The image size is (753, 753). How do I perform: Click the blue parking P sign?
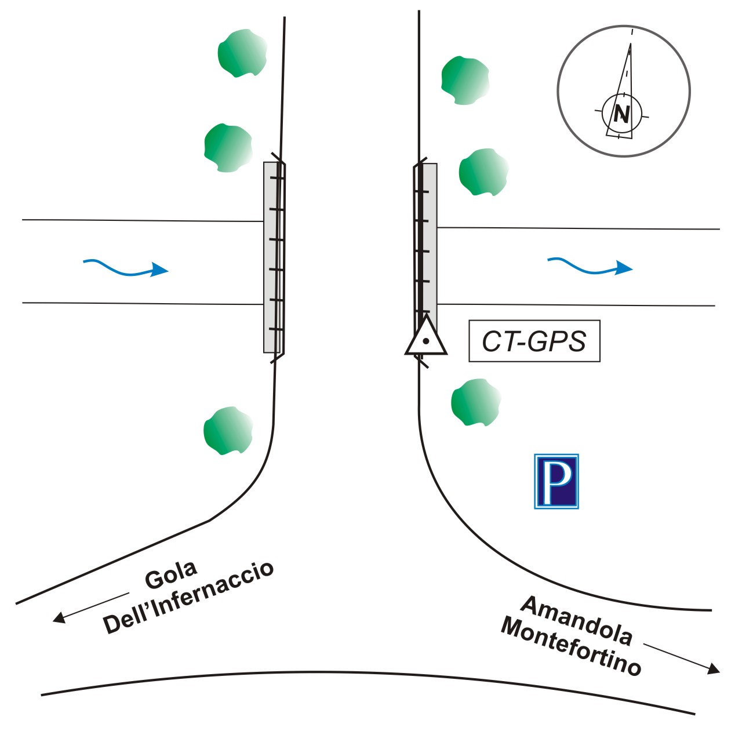tap(556, 481)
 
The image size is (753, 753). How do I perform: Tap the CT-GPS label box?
tap(534, 341)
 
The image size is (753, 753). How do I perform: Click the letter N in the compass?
tap(621, 114)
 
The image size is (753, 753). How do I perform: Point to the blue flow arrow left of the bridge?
tap(126, 268)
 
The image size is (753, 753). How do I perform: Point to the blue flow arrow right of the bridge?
tap(590, 267)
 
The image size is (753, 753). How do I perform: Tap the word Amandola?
tap(576, 620)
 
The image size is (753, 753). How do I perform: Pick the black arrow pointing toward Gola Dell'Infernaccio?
tap(90, 608)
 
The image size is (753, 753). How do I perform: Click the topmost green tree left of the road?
tap(242, 53)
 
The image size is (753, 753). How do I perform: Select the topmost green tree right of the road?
tap(465, 80)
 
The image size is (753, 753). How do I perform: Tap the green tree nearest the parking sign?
tap(475, 402)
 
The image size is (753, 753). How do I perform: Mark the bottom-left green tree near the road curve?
tap(228, 431)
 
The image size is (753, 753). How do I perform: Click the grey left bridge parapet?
tap(270, 257)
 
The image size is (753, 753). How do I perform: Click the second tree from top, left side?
tap(228, 147)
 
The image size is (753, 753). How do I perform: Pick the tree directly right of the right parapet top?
tap(483, 172)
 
